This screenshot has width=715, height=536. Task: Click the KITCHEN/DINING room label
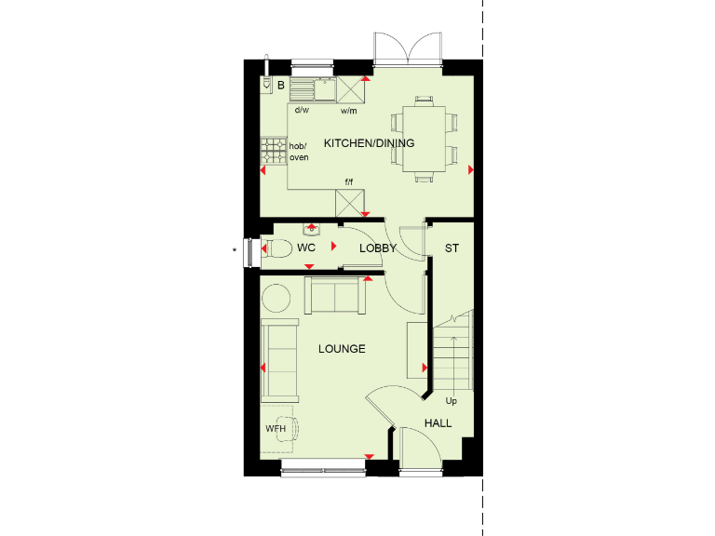pos(369,143)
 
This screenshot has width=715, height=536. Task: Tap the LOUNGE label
pos(342,349)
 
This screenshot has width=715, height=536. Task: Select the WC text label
pos(306,248)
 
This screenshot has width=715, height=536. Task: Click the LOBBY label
pos(378,248)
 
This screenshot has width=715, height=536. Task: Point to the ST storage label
pos(452,248)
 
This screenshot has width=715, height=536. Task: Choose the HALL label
pos(438,423)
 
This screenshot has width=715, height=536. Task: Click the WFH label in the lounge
pos(277,429)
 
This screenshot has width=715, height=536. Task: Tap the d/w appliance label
pos(302,111)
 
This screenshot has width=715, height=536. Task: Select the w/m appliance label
pos(349,111)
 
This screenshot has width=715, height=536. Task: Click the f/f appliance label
pos(349,181)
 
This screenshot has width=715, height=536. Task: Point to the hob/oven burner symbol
pos(273,150)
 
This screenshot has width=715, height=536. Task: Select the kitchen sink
pos(314,89)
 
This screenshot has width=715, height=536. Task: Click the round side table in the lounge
pos(277,299)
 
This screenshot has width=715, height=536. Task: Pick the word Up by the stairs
pos(452,402)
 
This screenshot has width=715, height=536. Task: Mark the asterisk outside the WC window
pos(234,249)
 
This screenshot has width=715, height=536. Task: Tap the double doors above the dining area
pos(408,48)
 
